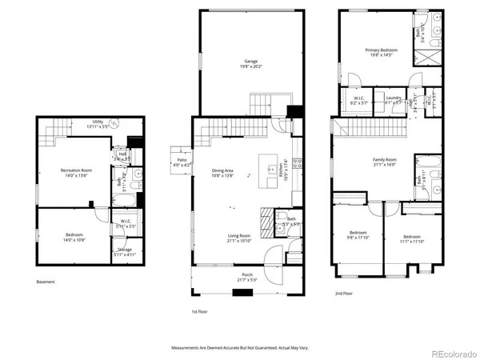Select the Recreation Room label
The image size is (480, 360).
[x=75, y=173]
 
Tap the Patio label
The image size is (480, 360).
[x=181, y=162]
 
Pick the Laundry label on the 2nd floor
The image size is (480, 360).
[x=393, y=100]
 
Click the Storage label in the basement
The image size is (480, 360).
[x=124, y=252]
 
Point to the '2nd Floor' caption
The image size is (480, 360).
[x=344, y=294]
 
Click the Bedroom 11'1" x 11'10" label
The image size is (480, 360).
[x=412, y=239]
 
